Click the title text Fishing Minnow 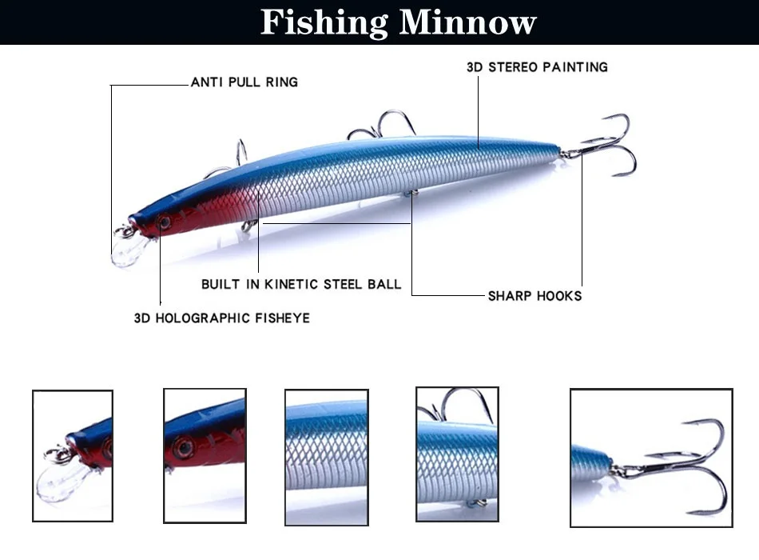click(x=397, y=22)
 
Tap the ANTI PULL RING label click(x=244, y=82)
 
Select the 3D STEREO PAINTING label click(x=537, y=67)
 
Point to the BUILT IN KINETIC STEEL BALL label click(x=301, y=284)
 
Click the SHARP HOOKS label click(x=534, y=296)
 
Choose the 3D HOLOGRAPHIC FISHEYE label click(x=221, y=318)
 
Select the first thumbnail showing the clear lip click(x=73, y=457)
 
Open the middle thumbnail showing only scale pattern click(x=327, y=457)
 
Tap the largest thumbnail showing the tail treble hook click(x=650, y=458)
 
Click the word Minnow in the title click(x=467, y=22)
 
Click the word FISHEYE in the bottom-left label click(x=280, y=318)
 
